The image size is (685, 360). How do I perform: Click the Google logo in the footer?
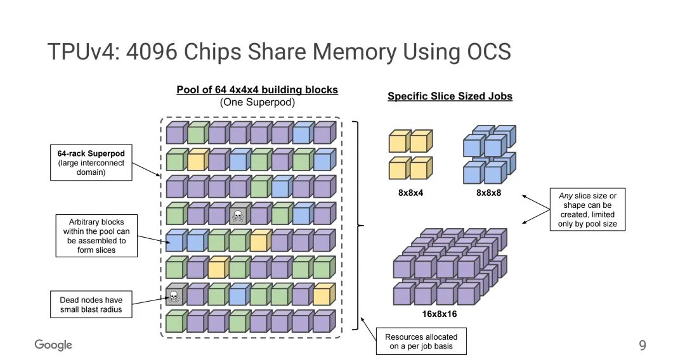(x=53, y=345)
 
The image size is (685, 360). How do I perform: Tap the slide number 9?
(x=643, y=345)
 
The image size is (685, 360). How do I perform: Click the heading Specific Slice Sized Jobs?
(x=450, y=96)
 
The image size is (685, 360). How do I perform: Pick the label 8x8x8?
(x=488, y=193)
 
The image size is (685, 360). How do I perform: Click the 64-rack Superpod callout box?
(x=91, y=162)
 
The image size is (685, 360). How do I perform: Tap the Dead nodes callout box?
(x=91, y=305)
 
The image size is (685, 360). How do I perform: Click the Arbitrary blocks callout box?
(x=97, y=236)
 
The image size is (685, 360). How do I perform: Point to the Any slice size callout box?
(x=587, y=210)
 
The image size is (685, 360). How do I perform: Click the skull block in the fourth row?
(x=238, y=215)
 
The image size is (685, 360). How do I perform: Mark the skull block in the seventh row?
(x=174, y=295)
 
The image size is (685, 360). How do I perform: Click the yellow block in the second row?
(x=196, y=161)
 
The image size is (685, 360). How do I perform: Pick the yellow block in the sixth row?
(x=217, y=269)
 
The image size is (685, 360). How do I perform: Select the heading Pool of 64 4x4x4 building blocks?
(x=257, y=90)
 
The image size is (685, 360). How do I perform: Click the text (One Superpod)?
(x=257, y=102)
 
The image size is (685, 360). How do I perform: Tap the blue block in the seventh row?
(x=238, y=295)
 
